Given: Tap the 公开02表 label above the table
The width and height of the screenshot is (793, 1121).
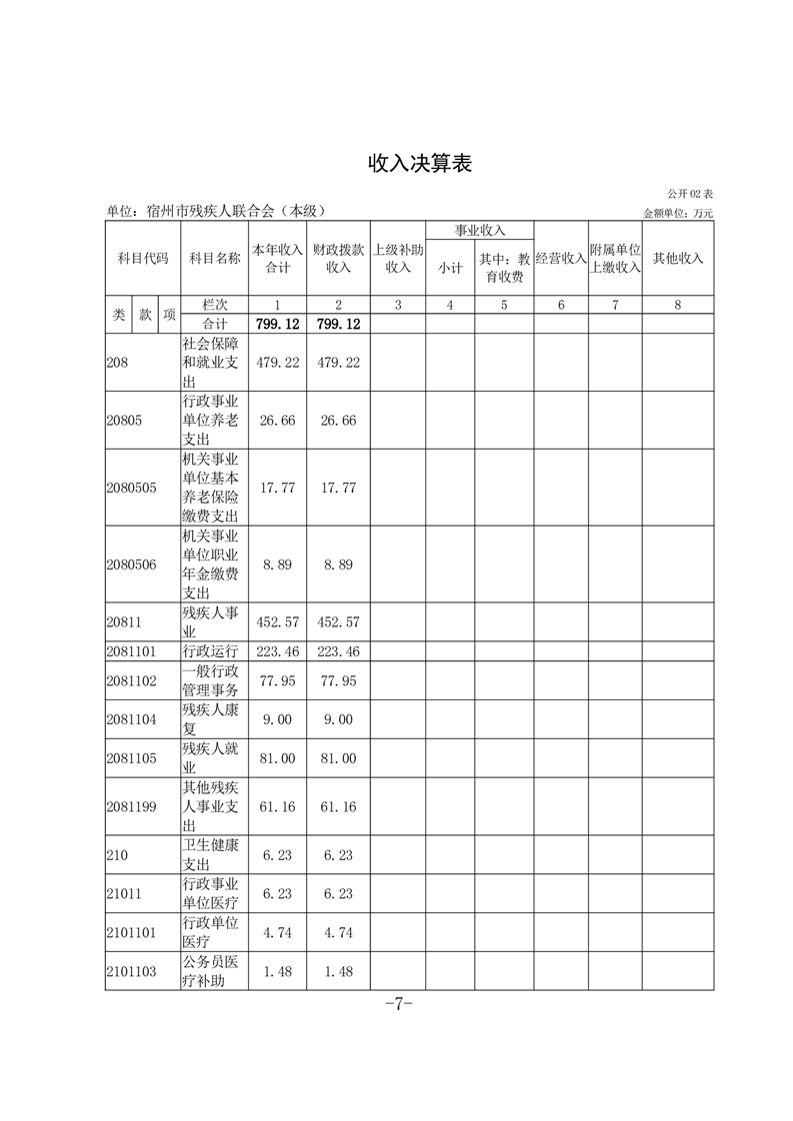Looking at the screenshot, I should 691,193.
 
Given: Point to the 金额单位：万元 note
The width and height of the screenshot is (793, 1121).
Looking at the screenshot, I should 678,213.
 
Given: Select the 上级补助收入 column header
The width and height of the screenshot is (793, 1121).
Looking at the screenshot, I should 398,258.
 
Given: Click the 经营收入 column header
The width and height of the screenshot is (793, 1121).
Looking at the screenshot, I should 560,258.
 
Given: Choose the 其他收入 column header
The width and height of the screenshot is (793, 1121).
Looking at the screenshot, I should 678,258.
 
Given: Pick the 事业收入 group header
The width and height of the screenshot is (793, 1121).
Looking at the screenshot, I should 480,231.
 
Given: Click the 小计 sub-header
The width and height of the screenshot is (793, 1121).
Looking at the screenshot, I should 450,267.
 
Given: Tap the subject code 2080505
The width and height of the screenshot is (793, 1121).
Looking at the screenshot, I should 131,488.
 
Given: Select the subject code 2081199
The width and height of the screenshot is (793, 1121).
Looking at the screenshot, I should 131,807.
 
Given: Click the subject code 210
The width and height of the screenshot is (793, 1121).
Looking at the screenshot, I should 116,854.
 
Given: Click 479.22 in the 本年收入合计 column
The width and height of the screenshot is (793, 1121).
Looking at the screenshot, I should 277,362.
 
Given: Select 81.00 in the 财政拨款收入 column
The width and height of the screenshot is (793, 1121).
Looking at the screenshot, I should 338,758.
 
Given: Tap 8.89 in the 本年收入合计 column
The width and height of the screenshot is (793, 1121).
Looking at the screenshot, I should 277,564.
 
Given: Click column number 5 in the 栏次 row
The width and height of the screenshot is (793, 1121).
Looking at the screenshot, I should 504,305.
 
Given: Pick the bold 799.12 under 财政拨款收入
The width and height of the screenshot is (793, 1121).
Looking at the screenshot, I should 338,324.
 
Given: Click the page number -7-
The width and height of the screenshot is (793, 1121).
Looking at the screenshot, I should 398,1004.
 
